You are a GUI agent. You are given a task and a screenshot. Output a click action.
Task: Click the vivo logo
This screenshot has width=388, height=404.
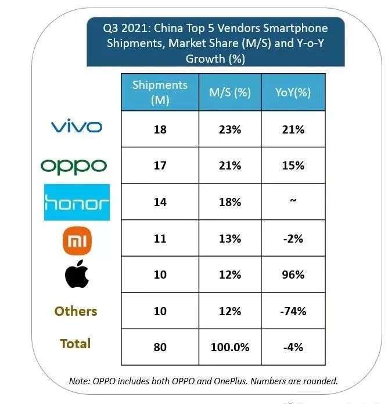(77, 127)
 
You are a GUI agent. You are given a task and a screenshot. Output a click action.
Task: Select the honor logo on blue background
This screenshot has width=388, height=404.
(77, 203)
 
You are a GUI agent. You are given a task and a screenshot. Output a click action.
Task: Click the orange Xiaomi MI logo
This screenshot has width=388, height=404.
(77, 240)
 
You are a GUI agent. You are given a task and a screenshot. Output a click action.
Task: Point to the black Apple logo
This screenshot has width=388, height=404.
(77, 275)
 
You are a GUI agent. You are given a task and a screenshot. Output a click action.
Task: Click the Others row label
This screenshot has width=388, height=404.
(76, 311)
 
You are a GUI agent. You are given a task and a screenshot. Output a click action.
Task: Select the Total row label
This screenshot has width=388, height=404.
(76, 344)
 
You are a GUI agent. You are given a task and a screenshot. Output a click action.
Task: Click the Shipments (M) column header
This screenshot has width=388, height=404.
(160, 92)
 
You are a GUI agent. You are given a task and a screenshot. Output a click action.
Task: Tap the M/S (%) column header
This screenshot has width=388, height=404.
(229, 92)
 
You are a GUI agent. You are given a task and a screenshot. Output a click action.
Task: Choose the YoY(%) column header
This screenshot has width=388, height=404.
(293, 92)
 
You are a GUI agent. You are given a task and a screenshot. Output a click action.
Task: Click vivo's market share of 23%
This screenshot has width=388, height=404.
(229, 129)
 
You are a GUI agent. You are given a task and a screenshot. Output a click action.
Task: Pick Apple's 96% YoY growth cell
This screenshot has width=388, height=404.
(293, 275)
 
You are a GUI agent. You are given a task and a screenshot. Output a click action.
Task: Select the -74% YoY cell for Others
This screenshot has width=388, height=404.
(293, 312)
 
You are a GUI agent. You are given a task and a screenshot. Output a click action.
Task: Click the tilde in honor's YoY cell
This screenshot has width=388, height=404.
(293, 201)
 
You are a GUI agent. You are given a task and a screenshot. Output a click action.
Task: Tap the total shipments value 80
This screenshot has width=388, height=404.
(160, 347)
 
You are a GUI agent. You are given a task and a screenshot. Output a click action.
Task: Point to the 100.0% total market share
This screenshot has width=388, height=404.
(229, 347)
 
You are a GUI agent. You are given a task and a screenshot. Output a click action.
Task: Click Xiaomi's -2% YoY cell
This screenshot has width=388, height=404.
(293, 239)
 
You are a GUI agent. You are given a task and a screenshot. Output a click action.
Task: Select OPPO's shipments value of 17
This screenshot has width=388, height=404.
(160, 165)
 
